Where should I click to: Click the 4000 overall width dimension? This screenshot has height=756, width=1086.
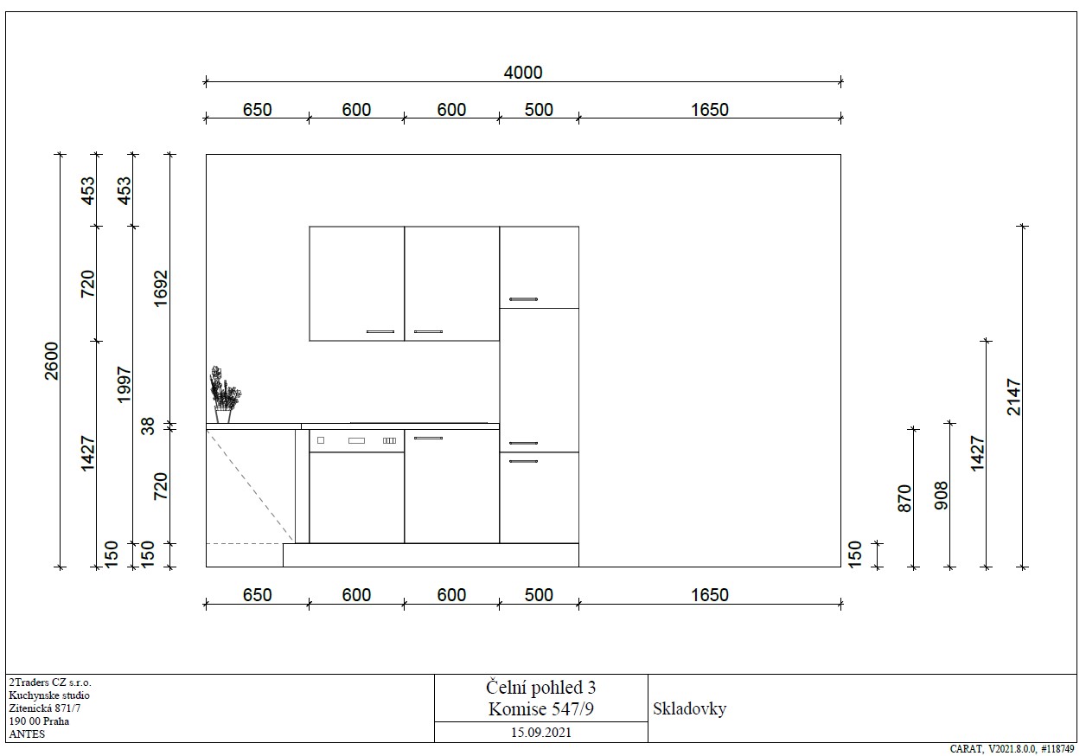(x=522, y=73)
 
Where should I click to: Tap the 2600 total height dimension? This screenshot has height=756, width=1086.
(x=51, y=361)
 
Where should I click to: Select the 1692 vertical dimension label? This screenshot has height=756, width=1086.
(x=161, y=288)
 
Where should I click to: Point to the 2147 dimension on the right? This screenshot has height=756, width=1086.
(x=1013, y=397)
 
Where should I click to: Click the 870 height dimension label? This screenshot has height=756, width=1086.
(x=904, y=498)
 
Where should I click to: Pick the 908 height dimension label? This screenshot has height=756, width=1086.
(x=941, y=496)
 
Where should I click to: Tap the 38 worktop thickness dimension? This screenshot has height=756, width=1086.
(x=149, y=426)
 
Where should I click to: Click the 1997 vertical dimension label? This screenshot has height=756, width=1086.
(x=125, y=384)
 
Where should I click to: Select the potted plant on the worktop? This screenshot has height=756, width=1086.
(x=225, y=394)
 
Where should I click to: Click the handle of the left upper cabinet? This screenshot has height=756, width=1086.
(x=380, y=331)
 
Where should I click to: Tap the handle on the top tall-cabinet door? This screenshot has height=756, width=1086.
(x=523, y=299)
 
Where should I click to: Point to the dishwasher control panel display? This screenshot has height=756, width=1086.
(x=356, y=441)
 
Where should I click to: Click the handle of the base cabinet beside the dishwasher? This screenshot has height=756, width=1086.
(x=428, y=438)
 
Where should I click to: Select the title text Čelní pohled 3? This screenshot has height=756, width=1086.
(x=540, y=688)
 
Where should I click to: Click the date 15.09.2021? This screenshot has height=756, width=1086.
(x=541, y=733)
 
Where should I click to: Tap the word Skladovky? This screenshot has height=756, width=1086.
(x=689, y=709)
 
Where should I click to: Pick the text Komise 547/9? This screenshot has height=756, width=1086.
(x=540, y=709)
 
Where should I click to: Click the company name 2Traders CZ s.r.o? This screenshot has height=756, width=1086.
(x=50, y=682)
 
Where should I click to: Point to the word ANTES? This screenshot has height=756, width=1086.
(x=27, y=734)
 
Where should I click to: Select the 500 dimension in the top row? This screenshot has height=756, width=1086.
(x=539, y=110)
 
